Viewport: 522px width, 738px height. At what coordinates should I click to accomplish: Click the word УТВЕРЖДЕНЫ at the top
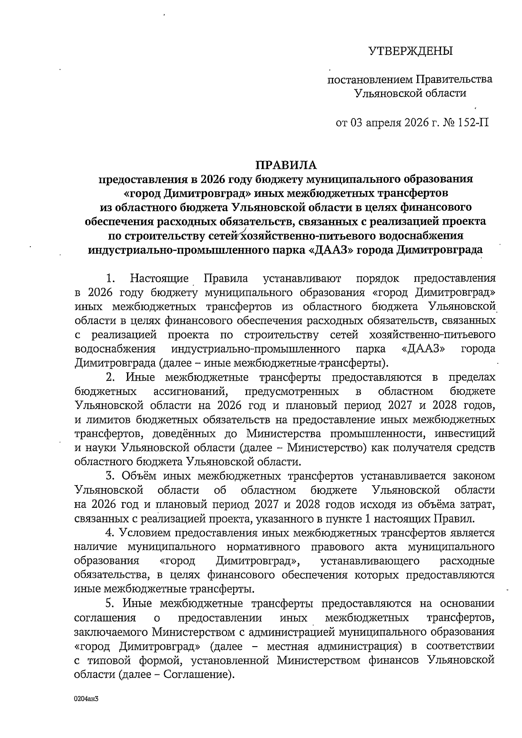(x=411, y=51)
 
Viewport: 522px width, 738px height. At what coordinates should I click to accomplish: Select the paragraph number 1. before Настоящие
(x=111, y=278)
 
